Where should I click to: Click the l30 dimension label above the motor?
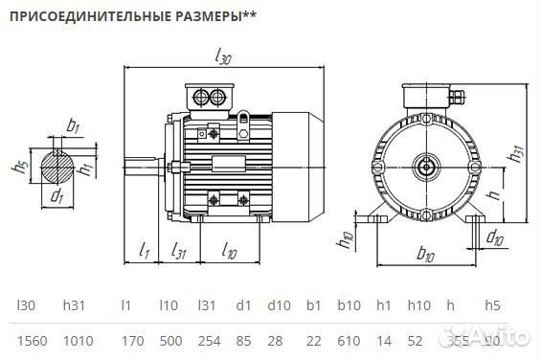pyautogui.click(x=223, y=56)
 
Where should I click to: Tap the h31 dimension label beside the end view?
pyautogui.click(x=517, y=154)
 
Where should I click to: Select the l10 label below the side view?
pyautogui.click(x=229, y=251)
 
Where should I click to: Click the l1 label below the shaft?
pyautogui.click(x=144, y=251)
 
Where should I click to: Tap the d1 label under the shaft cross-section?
pyautogui.click(x=58, y=197)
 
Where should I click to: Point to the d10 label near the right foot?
pyautogui.click(x=495, y=236)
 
